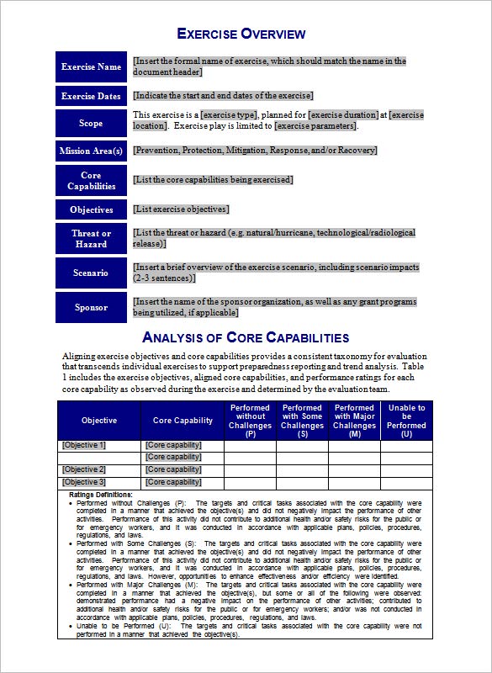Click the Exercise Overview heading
point(241,34)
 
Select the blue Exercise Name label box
point(91,67)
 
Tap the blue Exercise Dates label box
point(91,96)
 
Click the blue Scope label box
point(91,123)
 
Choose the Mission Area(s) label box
point(91,151)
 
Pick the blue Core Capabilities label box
point(91,181)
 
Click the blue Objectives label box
point(91,209)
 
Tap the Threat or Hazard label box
point(91,239)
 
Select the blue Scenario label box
point(91,273)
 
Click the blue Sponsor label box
point(91,307)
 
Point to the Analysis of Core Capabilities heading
point(246,338)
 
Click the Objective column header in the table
point(99,421)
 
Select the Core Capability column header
point(183,421)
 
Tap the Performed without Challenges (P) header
point(250,421)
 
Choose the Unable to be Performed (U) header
point(406,421)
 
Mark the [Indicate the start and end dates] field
point(223,96)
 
